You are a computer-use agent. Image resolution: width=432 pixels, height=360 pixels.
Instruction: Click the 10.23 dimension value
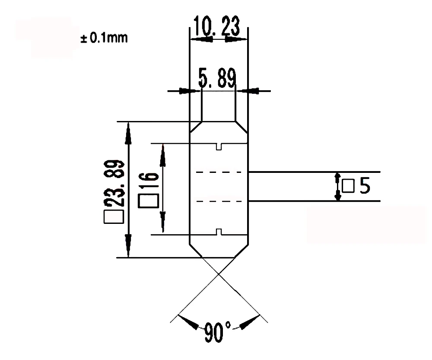point(217,27)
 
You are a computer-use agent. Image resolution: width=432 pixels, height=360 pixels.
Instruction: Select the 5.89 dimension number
point(217,79)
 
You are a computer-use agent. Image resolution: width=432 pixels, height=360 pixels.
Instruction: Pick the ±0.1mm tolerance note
point(104,38)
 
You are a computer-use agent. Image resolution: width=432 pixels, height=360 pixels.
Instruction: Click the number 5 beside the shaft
point(364,186)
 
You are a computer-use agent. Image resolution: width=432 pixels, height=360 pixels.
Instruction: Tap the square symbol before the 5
point(348,186)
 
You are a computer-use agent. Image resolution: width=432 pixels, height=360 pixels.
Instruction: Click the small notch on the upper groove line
point(219,147)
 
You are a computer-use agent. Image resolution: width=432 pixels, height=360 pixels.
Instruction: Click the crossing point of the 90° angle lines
point(219,273)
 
